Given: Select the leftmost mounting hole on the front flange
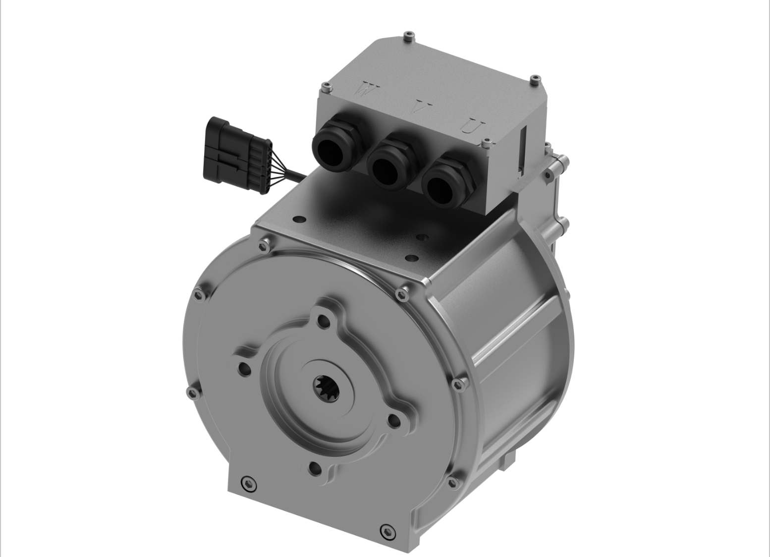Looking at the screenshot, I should (x=243, y=368).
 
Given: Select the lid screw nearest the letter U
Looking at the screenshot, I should (x=488, y=144).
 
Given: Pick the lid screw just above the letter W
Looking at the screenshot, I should (x=325, y=87).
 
